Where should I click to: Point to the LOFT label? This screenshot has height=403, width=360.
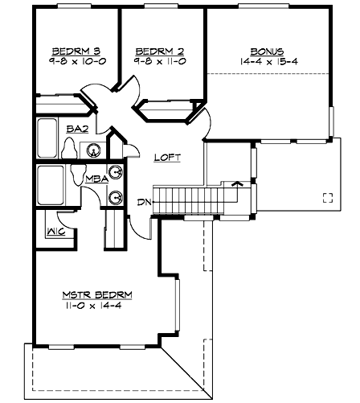(166, 158)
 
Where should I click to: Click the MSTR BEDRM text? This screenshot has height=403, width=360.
(96, 294)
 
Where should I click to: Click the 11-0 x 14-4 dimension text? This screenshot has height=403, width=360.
(96, 306)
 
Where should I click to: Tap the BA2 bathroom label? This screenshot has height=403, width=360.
(76, 129)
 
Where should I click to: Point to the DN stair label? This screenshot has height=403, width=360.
(142, 202)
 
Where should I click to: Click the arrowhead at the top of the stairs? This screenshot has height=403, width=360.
(236, 184)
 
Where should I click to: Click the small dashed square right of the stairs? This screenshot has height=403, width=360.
(327, 198)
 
